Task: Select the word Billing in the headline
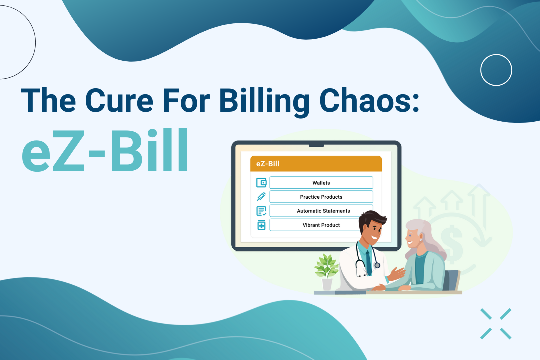(x=264, y=102)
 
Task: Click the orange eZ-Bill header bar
(x=316, y=164)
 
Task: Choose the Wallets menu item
(x=321, y=183)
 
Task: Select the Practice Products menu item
(x=321, y=197)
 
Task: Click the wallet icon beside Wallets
(x=261, y=182)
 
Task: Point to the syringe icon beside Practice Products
(x=261, y=196)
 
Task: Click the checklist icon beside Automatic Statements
(x=261, y=211)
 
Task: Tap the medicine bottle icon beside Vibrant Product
(x=261, y=225)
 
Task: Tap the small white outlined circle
(x=496, y=70)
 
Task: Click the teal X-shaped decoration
(x=496, y=324)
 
